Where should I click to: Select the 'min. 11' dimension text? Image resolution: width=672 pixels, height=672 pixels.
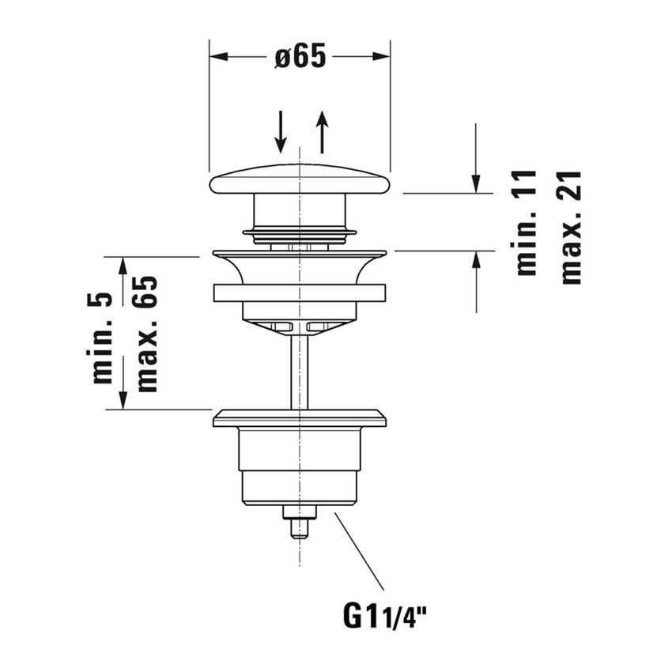coord(526,223)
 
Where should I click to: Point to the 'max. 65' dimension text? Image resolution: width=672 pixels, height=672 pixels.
coord(146,334)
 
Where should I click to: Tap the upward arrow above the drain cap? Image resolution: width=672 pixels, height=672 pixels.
coord(322,132)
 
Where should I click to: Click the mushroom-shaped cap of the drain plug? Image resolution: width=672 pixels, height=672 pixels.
coord(300,181)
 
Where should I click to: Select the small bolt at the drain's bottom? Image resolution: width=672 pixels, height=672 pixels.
coord(300,524)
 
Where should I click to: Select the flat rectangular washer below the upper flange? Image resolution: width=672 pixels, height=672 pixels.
coord(300,292)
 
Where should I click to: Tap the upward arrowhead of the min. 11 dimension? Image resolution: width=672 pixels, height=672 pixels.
coord(475,259)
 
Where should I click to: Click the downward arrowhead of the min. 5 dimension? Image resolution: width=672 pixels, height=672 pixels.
coord(123,401)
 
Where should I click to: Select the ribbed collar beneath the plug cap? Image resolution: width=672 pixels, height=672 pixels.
coord(300,233)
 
